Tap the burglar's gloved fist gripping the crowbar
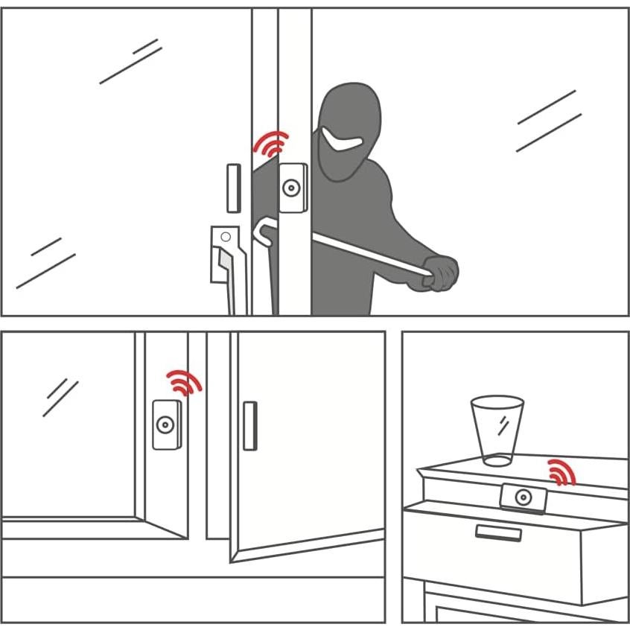click(x=441, y=273)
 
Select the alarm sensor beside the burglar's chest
click(x=293, y=188)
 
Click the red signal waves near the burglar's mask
click(x=271, y=144)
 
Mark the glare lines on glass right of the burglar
click(x=548, y=121)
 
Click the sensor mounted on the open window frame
click(x=167, y=424)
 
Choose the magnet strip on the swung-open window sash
click(x=249, y=425)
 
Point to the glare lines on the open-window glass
click(x=60, y=396)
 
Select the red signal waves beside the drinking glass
click(x=562, y=472)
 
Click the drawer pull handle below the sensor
click(x=498, y=532)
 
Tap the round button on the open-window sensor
click(x=164, y=425)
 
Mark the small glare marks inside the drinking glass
click(x=503, y=424)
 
